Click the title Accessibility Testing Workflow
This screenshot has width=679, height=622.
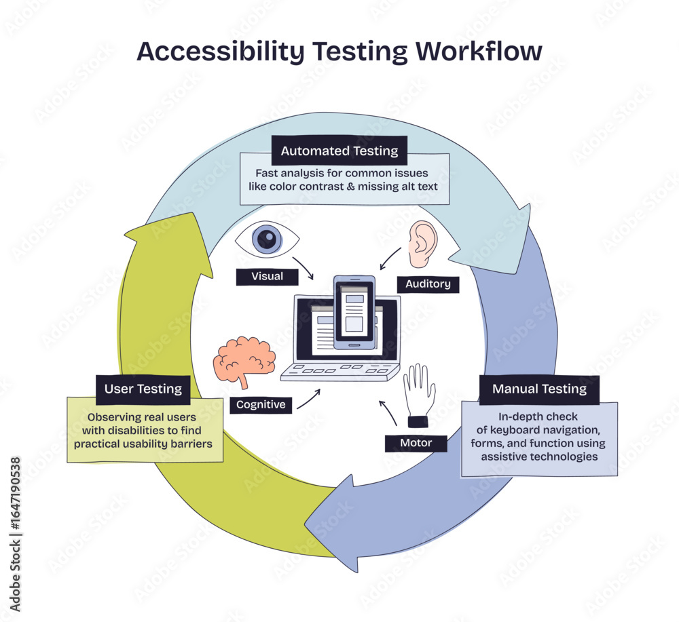pyautogui.click(x=339, y=52)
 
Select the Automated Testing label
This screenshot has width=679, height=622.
pyautogui.click(x=339, y=151)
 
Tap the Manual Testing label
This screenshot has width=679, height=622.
pyautogui.click(x=539, y=389)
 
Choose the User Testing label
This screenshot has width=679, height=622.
pyautogui.click(x=143, y=389)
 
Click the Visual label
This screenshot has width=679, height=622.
pyautogui.click(x=267, y=277)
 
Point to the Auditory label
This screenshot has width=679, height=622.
pyautogui.click(x=428, y=284)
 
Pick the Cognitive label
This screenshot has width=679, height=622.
pyautogui.click(x=261, y=405)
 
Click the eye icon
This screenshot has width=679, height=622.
pyautogui.click(x=267, y=239)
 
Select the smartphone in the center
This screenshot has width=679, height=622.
pyautogui.click(x=354, y=312)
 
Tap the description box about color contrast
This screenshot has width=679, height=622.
pyautogui.click(x=344, y=180)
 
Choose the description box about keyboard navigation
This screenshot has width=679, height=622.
pyautogui.click(x=539, y=438)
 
